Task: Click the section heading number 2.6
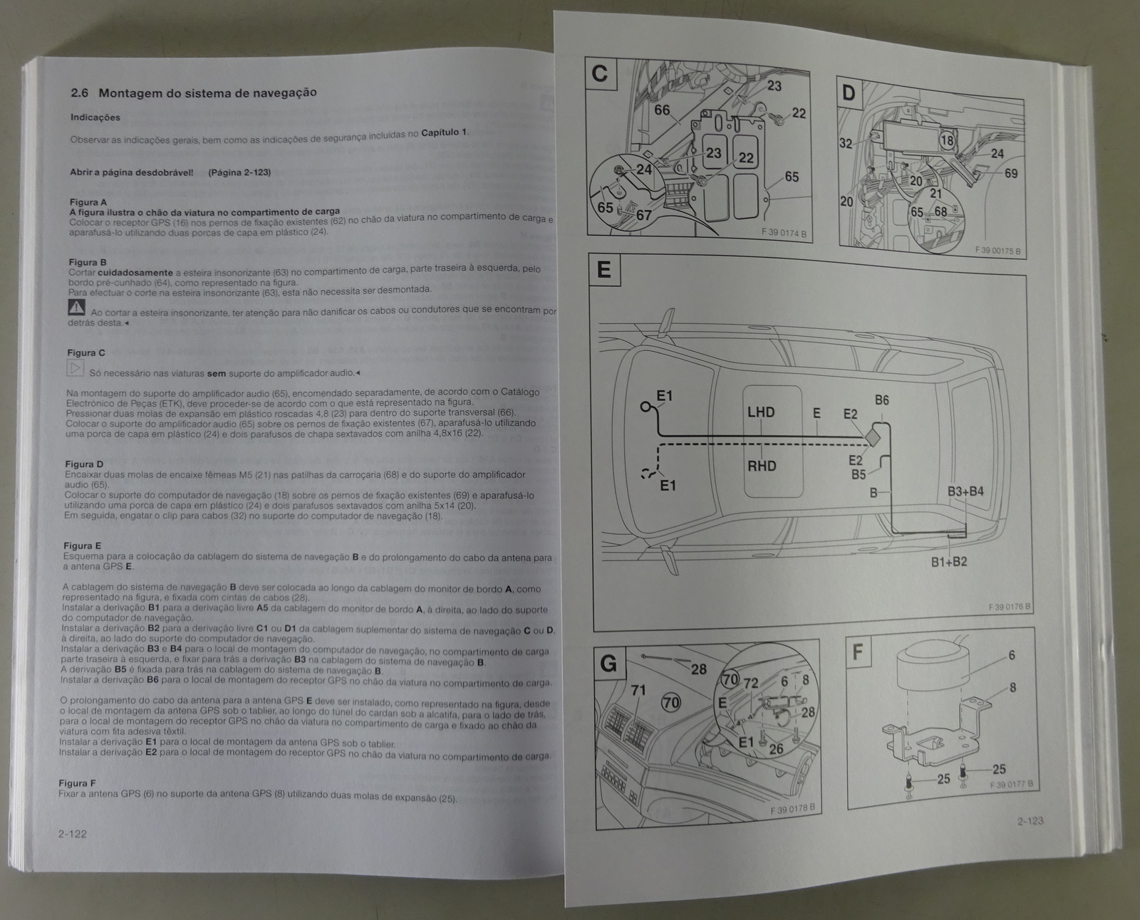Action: [80, 93]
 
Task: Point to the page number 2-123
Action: [1030, 821]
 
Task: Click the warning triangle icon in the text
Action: [76, 308]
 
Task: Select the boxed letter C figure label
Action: [601, 74]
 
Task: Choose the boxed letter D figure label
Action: [849, 93]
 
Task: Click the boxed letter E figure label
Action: [603, 270]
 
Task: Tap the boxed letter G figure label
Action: [608, 664]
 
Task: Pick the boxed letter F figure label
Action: [859, 651]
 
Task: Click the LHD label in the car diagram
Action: [760, 412]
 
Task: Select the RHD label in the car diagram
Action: [761, 466]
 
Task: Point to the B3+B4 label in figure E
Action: [965, 491]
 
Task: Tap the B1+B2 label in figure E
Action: [949, 562]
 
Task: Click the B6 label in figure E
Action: [881, 400]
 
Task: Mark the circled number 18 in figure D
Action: [947, 140]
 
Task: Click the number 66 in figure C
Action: [662, 110]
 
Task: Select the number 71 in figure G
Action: [638, 690]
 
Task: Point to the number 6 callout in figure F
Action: [1012, 655]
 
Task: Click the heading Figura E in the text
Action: [82, 546]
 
